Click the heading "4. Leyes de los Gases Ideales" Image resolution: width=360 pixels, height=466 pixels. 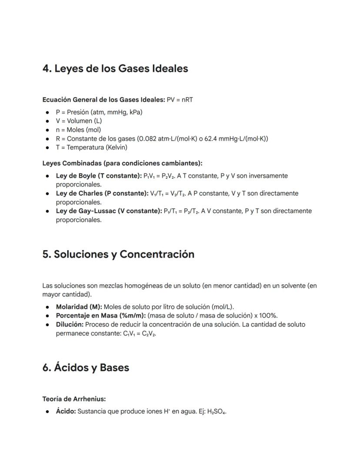point(115,69)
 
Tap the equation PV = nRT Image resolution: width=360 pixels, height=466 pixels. point(180,100)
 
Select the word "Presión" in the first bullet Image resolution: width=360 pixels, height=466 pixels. point(78,112)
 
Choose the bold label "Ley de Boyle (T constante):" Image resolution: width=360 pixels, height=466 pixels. point(99,176)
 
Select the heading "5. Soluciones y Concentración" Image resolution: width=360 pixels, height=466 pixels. point(118,255)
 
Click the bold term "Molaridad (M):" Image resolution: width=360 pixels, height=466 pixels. point(79,307)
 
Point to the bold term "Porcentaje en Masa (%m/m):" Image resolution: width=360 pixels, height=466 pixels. point(100,316)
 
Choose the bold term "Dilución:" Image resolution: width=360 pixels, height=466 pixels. point(70,325)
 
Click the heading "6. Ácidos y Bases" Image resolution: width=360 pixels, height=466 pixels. point(86,368)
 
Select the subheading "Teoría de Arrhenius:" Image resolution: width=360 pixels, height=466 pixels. point(74,399)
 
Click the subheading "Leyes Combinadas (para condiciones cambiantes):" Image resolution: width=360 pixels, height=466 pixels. point(122,164)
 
